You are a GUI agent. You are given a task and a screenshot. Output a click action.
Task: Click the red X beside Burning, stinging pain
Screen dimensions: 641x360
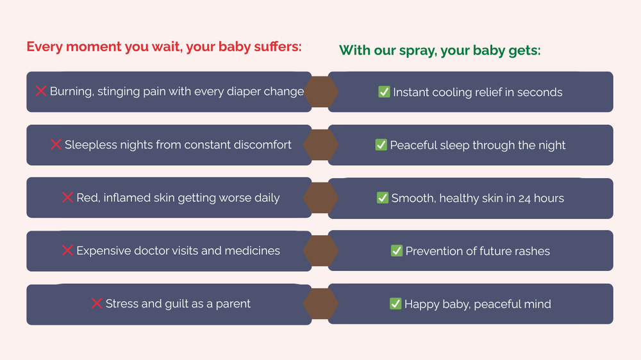(x=41, y=91)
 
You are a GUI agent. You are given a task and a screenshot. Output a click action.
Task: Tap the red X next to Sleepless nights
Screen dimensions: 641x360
(x=56, y=144)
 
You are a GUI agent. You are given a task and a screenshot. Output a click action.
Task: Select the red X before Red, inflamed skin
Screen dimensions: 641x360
(x=67, y=197)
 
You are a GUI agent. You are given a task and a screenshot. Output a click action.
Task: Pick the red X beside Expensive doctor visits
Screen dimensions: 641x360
(x=67, y=250)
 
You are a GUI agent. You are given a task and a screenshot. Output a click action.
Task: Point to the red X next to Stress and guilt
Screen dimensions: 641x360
(x=97, y=303)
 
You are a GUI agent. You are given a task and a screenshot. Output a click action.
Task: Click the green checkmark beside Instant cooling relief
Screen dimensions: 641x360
(x=384, y=92)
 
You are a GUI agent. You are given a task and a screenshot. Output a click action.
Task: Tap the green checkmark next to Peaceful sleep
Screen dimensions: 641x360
(x=381, y=145)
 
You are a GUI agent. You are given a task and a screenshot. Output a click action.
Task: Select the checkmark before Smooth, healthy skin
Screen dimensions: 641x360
(x=383, y=198)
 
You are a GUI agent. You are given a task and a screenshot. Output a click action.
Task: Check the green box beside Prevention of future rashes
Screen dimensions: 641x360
(x=397, y=250)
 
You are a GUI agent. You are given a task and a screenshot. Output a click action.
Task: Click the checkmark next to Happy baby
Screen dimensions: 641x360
(x=395, y=304)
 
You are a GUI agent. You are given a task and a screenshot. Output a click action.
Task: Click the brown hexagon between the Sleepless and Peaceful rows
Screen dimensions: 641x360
(x=320, y=145)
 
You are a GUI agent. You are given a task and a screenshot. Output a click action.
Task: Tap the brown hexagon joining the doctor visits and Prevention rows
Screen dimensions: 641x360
(x=320, y=250)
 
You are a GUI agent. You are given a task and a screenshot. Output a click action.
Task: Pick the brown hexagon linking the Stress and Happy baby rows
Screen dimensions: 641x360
(x=320, y=304)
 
